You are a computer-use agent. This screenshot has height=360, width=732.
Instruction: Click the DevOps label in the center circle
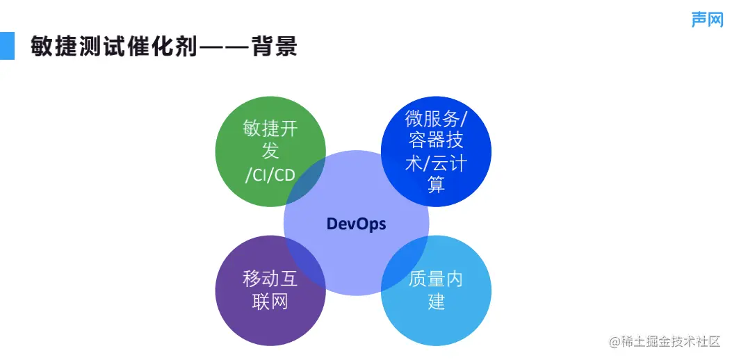(x=356, y=224)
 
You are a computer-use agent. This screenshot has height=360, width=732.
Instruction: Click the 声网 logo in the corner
(x=707, y=19)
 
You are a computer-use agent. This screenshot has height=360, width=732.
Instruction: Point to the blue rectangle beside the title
(x=7, y=46)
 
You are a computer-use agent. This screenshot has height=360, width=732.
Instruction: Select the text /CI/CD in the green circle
(x=270, y=174)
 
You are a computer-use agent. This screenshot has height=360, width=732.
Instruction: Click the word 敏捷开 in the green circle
(x=270, y=129)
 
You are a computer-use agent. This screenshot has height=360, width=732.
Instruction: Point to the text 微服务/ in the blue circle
(x=436, y=118)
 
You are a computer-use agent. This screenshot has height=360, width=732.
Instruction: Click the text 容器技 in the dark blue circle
(x=436, y=140)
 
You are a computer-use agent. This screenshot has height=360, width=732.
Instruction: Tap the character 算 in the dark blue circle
(x=436, y=185)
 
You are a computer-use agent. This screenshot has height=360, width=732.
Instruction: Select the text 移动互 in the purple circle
(x=270, y=279)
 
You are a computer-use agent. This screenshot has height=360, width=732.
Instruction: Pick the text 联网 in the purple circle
(x=270, y=302)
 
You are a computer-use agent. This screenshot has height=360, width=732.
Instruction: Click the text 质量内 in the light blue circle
(x=436, y=279)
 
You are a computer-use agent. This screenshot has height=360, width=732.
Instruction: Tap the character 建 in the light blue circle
(x=436, y=302)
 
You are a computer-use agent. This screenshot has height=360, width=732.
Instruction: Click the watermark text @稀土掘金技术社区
(x=665, y=341)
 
